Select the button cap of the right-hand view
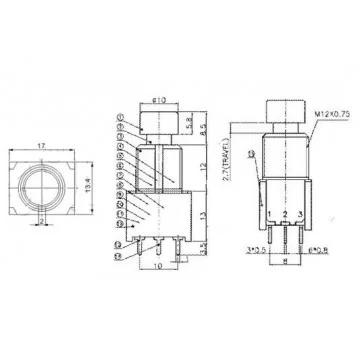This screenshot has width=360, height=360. (282, 111)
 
